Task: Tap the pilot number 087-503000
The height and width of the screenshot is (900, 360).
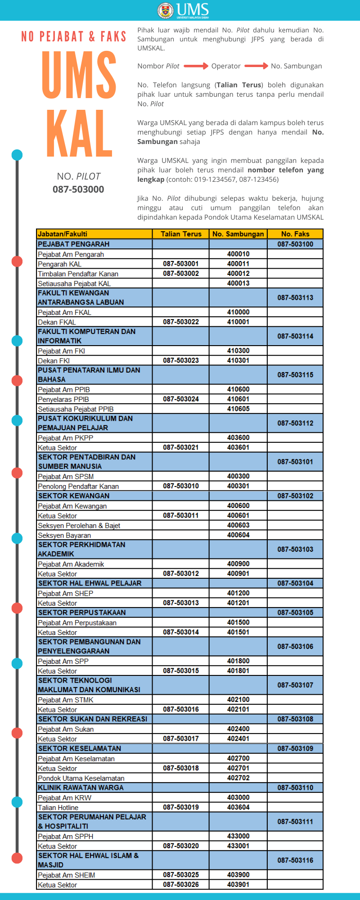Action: click(78, 189)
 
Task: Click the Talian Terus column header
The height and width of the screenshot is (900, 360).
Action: click(181, 234)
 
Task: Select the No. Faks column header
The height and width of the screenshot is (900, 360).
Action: click(295, 234)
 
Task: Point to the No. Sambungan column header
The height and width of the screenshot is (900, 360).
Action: click(238, 234)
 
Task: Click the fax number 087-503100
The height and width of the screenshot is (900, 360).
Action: click(295, 244)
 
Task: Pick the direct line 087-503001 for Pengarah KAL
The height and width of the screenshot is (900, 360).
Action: click(181, 264)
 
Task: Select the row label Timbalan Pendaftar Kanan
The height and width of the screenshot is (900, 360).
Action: click(78, 274)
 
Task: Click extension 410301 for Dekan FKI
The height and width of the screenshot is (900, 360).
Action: click(238, 360)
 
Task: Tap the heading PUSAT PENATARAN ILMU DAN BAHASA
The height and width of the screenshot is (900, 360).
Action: click(89, 375)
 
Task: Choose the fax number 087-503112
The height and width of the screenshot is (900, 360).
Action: click(295, 423)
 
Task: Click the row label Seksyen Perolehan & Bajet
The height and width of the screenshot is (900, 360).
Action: click(79, 526)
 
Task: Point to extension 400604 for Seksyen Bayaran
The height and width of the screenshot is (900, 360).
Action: click(238, 535)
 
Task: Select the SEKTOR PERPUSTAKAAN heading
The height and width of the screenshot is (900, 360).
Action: click(82, 612)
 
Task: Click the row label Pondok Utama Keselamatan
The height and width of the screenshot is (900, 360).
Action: click(81, 778)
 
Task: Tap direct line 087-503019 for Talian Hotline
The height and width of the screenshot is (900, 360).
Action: click(181, 807)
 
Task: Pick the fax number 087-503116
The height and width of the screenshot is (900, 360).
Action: click(295, 860)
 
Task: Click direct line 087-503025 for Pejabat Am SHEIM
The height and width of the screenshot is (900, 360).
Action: click(181, 875)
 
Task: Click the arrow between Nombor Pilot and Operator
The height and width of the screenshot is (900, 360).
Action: click(196, 66)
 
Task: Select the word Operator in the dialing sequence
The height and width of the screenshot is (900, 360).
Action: click(226, 66)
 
